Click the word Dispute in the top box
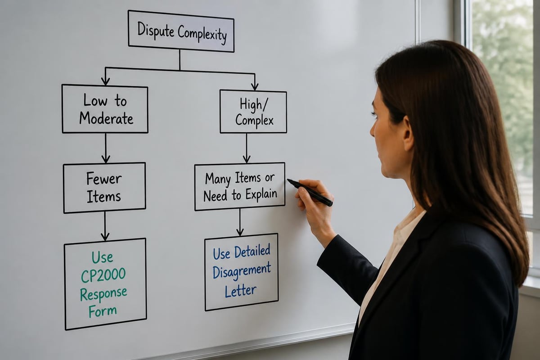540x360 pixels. tap(156, 30)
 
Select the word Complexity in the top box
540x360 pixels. tap(202, 35)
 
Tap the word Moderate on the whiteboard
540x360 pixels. tap(106, 118)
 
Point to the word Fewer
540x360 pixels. tap(104, 179)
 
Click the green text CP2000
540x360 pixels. tap(103, 275)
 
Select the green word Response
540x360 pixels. tap(103, 294)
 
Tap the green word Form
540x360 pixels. tap(103, 311)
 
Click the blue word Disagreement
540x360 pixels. tap(242, 271)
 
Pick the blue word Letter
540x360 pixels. tap(240, 291)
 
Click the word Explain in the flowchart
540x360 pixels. tap(261, 194)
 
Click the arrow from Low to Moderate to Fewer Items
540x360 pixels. tap(106, 148)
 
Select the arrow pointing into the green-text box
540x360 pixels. tap(105, 226)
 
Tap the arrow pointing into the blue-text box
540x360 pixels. tap(240, 222)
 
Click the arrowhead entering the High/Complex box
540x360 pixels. tap(255, 86)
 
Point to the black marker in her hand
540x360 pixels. tap(310, 192)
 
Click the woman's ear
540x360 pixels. tap(409, 133)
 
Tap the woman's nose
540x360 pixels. tap(373, 130)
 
